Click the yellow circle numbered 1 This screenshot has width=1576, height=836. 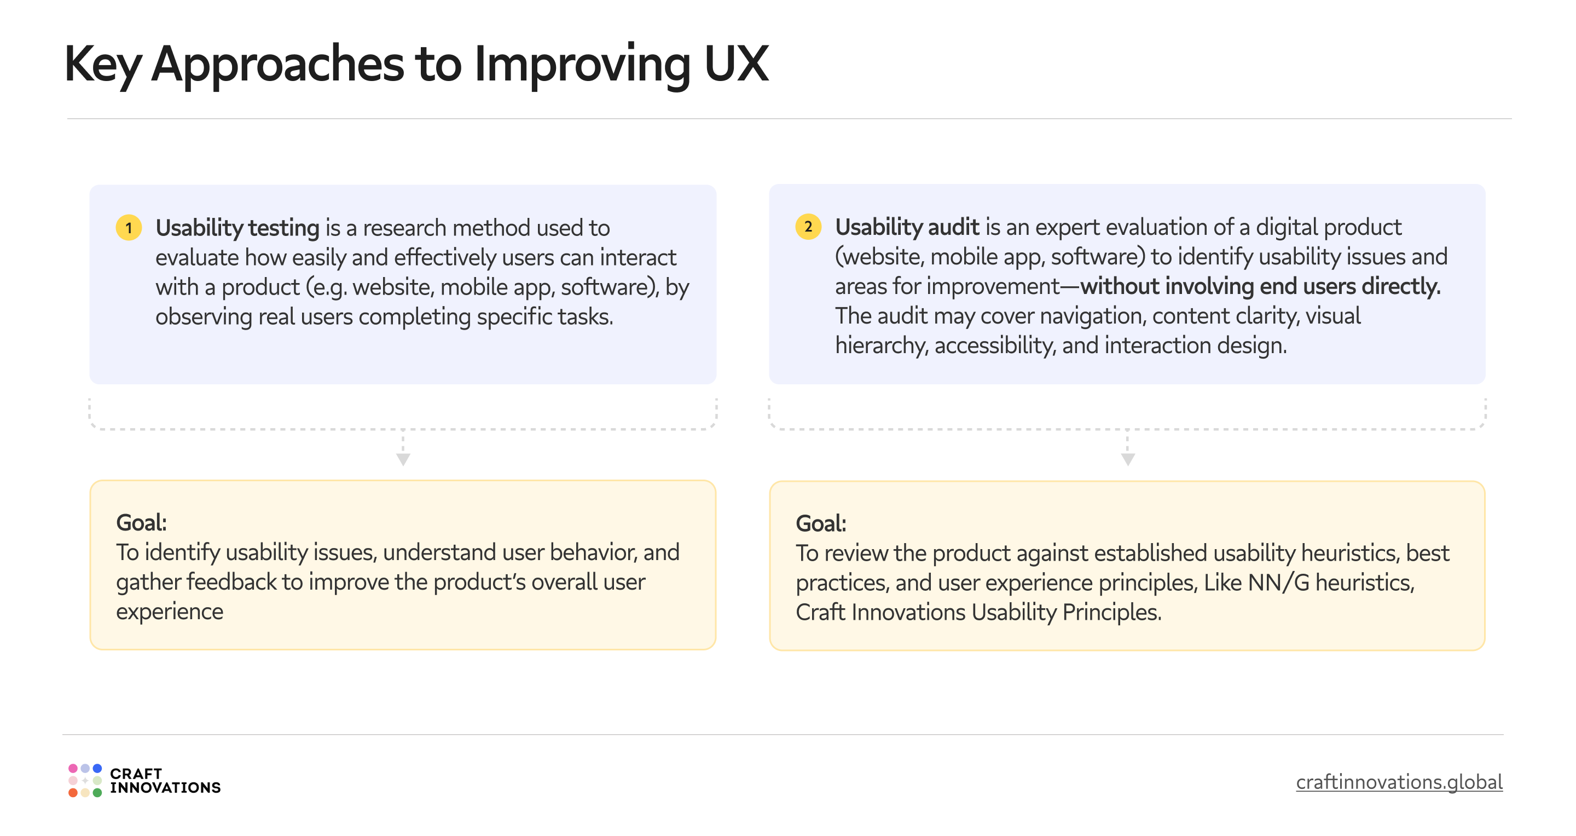129,228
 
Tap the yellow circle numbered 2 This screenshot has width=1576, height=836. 808,227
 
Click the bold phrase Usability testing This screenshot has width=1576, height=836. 237,228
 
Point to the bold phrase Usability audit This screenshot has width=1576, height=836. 907,228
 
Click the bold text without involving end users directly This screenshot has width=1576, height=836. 1260,286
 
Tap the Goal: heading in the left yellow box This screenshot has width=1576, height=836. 141,523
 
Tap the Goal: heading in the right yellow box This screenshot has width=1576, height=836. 820,524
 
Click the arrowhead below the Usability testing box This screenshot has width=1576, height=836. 403,459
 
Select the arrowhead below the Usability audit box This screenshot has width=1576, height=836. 1127,459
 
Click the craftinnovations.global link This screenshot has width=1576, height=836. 1399,782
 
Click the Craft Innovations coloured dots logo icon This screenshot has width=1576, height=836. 85,780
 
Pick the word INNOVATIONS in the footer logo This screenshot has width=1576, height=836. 165,788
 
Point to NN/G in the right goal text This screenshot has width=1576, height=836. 1278,583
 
